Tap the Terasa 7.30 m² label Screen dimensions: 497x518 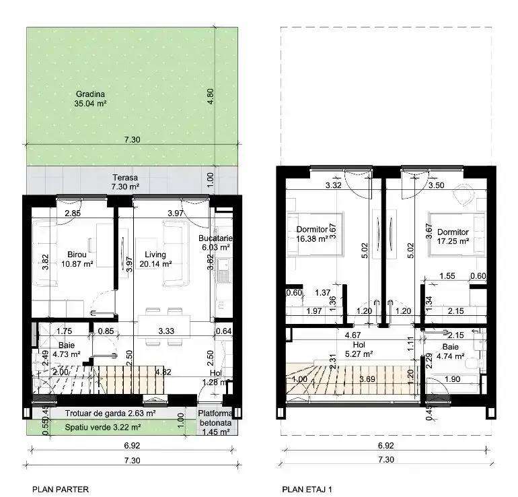click(x=125, y=182)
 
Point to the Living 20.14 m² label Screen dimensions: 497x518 click(x=159, y=259)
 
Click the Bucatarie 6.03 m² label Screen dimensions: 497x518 click(x=215, y=242)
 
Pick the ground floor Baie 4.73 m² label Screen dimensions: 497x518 click(x=66, y=349)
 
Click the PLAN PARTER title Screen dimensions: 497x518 click(x=61, y=490)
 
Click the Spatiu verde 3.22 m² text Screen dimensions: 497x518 click(x=103, y=427)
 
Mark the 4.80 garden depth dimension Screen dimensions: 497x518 click(x=211, y=94)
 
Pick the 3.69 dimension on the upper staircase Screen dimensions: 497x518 click(x=367, y=380)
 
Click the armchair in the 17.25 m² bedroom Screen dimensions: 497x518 click(x=463, y=196)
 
